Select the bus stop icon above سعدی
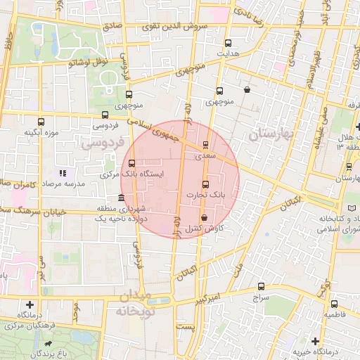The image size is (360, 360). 205,146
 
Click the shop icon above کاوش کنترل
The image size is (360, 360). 204,218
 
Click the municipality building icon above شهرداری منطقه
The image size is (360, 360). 122,198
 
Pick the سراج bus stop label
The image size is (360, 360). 261,297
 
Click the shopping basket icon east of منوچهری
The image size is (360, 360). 247,90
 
